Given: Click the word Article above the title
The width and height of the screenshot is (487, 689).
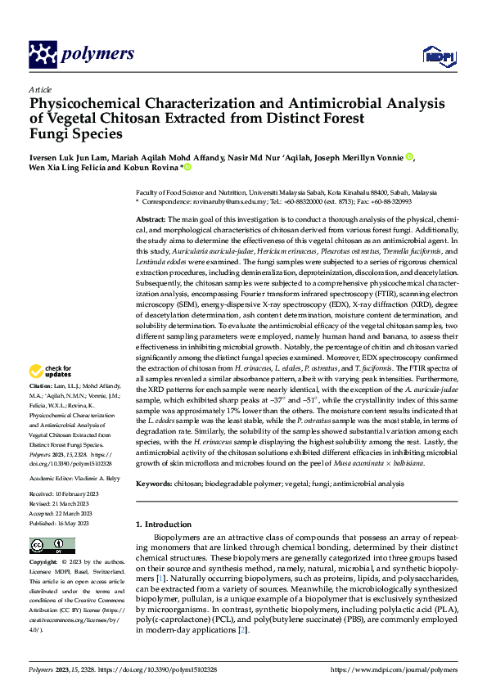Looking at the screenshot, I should [x=40, y=89].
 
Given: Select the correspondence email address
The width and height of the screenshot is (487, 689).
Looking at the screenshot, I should [x=221, y=200].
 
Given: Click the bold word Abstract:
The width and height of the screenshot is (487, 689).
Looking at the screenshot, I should [x=151, y=220].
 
